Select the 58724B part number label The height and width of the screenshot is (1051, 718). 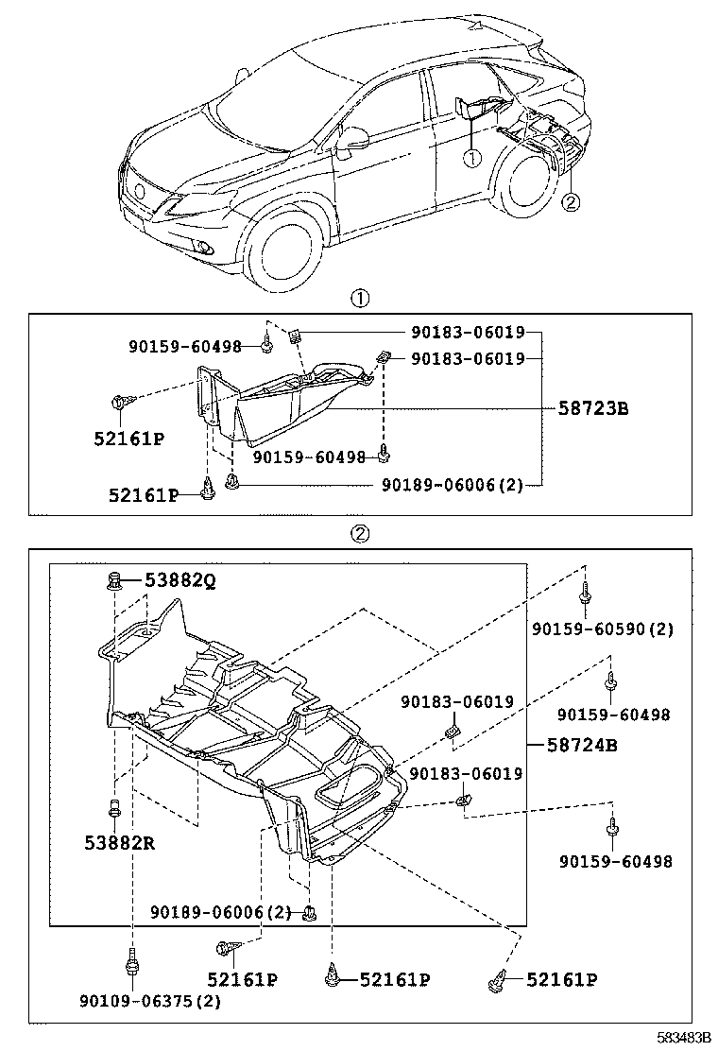[582, 745]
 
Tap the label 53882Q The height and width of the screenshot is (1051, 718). [179, 581]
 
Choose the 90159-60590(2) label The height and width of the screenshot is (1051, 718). [615, 629]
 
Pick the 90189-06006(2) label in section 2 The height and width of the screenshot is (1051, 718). [221, 912]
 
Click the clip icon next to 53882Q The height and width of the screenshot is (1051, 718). [115, 580]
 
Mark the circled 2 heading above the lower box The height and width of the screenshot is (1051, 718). [360, 534]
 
